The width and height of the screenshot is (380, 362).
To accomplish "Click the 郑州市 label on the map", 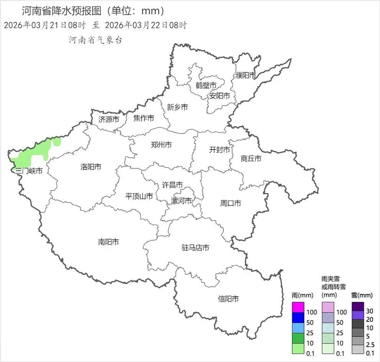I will [x=161, y=145].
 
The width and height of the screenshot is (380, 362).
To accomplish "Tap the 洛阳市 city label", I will [x=91, y=167].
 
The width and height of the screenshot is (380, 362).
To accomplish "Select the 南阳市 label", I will [x=108, y=242].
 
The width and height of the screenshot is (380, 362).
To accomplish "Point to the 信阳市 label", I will [x=228, y=298].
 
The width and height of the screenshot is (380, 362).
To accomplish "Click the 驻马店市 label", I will [x=195, y=248].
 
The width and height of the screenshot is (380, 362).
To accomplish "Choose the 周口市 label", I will [x=230, y=203].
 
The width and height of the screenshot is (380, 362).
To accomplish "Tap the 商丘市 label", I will [x=251, y=158].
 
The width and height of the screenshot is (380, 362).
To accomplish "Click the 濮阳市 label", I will [x=246, y=75].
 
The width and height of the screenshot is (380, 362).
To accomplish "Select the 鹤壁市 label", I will [x=206, y=85].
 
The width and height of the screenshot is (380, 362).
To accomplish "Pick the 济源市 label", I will [x=109, y=119].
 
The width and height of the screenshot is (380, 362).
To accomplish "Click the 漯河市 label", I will [x=181, y=201].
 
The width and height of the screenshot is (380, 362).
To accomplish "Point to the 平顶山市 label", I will [x=139, y=196].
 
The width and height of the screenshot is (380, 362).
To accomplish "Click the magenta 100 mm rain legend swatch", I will [x=298, y=307].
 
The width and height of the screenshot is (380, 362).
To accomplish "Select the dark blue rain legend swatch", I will [x=298, y=318].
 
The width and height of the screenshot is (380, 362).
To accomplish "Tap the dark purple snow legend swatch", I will [x=357, y=307].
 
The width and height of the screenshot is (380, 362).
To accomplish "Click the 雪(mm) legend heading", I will [x=362, y=295].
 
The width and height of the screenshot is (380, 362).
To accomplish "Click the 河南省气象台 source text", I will [x=95, y=40].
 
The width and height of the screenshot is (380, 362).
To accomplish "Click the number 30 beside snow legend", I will [x=370, y=311].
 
